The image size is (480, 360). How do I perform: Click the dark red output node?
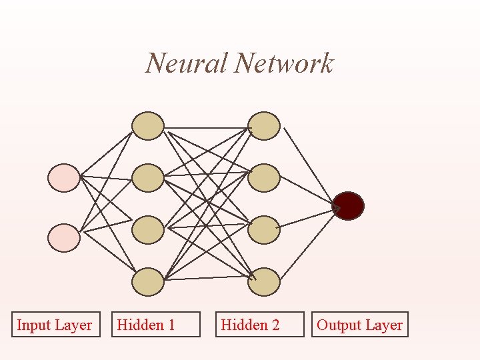348,206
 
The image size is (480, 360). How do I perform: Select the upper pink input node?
64,177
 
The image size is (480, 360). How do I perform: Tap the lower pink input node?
64,237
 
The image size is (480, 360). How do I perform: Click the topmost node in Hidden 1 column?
147,126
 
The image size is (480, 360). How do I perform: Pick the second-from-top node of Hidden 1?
147,178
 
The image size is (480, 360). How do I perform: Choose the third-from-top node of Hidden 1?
147,229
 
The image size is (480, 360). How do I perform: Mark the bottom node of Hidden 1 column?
147,282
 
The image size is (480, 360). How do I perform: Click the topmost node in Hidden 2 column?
264,126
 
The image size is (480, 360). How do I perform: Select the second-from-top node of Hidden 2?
264,178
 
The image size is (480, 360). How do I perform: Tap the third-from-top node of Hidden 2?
264,229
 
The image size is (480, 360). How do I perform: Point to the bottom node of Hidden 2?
264,282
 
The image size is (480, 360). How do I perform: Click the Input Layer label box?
55,325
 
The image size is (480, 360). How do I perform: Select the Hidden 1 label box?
156,325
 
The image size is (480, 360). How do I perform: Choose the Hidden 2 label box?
259,325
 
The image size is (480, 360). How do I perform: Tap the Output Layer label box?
360,325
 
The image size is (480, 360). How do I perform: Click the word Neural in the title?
187,64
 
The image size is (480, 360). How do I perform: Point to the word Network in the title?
285,64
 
